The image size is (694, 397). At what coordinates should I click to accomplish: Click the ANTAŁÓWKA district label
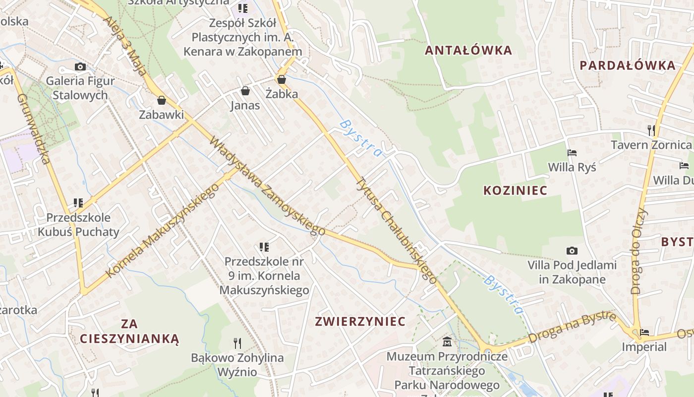coord(468,50)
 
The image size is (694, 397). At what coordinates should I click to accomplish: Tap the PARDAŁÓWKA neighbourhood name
coord(628,65)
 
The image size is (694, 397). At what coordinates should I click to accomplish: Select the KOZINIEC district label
coord(516,190)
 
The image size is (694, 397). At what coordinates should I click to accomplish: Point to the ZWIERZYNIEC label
coord(360,321)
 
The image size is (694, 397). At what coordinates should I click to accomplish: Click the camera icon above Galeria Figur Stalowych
coord(80,66)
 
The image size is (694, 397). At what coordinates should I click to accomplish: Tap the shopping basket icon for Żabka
coord(282,79)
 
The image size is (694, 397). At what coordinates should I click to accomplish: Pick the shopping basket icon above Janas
coord(245,91)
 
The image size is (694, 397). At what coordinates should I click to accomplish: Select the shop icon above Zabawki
coord(161,100)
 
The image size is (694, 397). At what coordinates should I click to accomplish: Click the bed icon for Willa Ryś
coord(572,152)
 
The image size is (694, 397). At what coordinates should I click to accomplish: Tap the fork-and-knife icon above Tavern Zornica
coord(651,131)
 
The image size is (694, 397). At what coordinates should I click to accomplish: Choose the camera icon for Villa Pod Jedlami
coord(572,251)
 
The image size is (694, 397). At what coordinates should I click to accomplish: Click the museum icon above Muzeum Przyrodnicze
coord(447,341)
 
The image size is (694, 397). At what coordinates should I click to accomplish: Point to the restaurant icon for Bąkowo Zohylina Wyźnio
coord(237,342)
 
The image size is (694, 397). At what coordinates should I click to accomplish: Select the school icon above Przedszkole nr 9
coord(264,247)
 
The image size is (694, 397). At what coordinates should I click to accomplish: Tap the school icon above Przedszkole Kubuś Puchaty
coord(78,202)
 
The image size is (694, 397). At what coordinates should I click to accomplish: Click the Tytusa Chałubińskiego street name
coord(397,231)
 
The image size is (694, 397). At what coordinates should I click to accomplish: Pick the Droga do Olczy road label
coord(639,251)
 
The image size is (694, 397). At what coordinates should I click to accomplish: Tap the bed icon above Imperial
coord(644,332)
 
